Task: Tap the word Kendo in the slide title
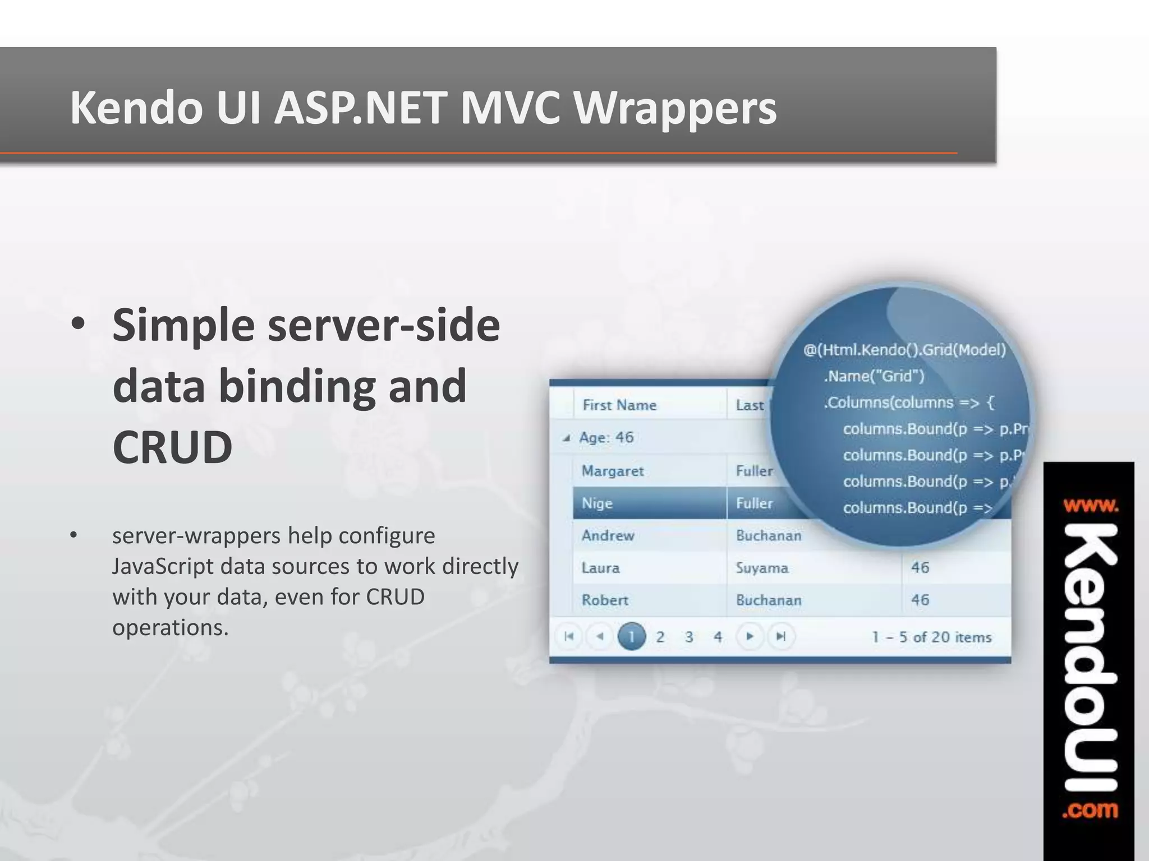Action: click(x=136, y=108)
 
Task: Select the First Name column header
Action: click(x=619, y=405)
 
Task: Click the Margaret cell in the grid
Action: click(x=612, y=471)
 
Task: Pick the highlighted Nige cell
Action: click(x=597, y=503)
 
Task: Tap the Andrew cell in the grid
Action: click(x=608, y=536)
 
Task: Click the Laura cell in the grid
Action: click(x=600, y=568)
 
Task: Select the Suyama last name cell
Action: click(x=762, y=568)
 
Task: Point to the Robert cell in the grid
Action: click(x=605, y=600)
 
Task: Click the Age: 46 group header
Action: click(x=606, y=437)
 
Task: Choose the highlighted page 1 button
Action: click(x=631, y=637)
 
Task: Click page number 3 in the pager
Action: click(x=689, y=637)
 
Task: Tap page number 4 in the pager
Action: click(x=718, y=637)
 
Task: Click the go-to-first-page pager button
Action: click(x=569, y=636)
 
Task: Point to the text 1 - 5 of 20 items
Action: click(x=931, y=637)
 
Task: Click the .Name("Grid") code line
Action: click(x=874, y=376)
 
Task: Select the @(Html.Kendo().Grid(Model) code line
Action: click(x=904, y=350)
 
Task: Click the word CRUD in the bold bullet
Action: click(x=172, y=447)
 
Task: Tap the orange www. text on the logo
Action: click(x=1090, y=506)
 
